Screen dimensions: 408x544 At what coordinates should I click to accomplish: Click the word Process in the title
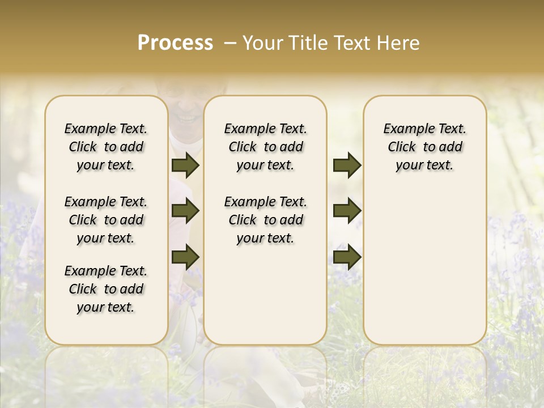(175, 43)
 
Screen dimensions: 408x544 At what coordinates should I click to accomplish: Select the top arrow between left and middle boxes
(185, 165)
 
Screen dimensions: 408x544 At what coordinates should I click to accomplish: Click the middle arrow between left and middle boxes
(185, 211)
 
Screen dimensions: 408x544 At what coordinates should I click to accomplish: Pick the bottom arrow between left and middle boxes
(185, 257)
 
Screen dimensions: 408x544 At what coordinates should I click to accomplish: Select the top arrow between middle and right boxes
(347, 165)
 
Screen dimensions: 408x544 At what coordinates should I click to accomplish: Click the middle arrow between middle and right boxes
(347, 211)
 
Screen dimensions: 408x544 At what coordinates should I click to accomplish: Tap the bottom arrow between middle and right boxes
(347, 257)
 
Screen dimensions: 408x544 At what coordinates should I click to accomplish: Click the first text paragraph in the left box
(106, 147)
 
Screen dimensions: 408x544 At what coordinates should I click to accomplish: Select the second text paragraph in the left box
(106, 220)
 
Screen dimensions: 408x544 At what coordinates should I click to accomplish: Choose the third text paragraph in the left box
(106, 289)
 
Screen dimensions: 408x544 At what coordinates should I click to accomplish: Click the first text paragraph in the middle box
(265, 147)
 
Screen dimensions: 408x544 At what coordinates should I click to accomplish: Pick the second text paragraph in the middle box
(265, 220)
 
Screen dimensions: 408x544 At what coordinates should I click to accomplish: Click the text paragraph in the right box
(424, 147)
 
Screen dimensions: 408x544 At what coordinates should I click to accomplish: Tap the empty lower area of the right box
(424, 272)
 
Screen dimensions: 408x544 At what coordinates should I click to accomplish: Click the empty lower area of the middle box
(265, 300)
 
